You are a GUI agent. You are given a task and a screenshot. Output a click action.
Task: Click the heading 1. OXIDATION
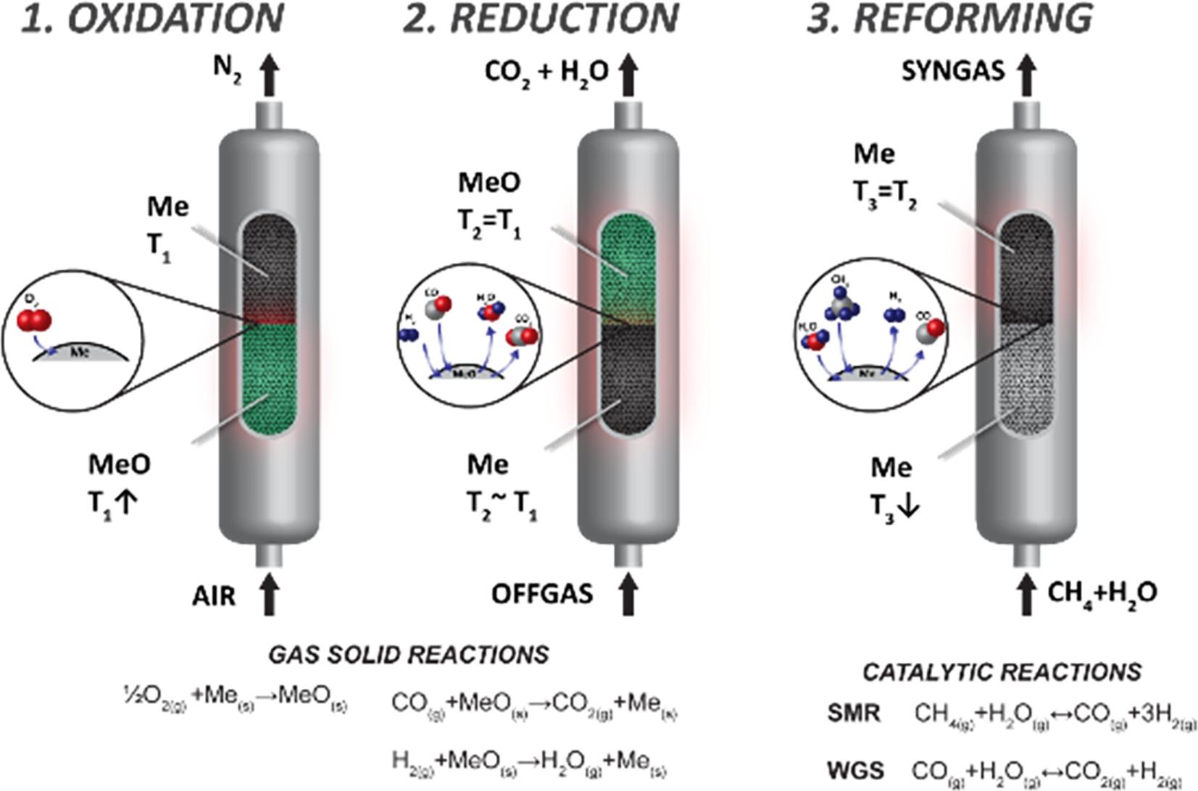point(151,19)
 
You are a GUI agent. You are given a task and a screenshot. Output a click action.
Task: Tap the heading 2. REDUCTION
point(541,19)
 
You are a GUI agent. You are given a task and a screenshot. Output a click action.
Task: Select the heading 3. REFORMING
point(949,19)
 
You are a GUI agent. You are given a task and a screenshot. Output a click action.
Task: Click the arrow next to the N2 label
point(270,75)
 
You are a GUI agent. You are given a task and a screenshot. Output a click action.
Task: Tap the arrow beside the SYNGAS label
point(1026,75)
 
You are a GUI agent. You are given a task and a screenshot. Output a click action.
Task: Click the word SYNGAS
point(953,71)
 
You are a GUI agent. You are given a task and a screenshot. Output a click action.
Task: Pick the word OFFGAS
point(542,594)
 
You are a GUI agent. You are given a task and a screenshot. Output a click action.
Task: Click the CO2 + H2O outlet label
point(546,72)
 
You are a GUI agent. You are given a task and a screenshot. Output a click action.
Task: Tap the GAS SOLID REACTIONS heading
point(409,655)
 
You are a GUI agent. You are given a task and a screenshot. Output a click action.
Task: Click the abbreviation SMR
point(854,713)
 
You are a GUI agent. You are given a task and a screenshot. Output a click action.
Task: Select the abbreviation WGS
point(856,769)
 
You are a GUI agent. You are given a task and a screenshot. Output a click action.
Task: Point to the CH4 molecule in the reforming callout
point(841,305)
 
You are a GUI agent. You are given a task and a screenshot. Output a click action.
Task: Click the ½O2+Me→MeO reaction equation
point(235,700)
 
